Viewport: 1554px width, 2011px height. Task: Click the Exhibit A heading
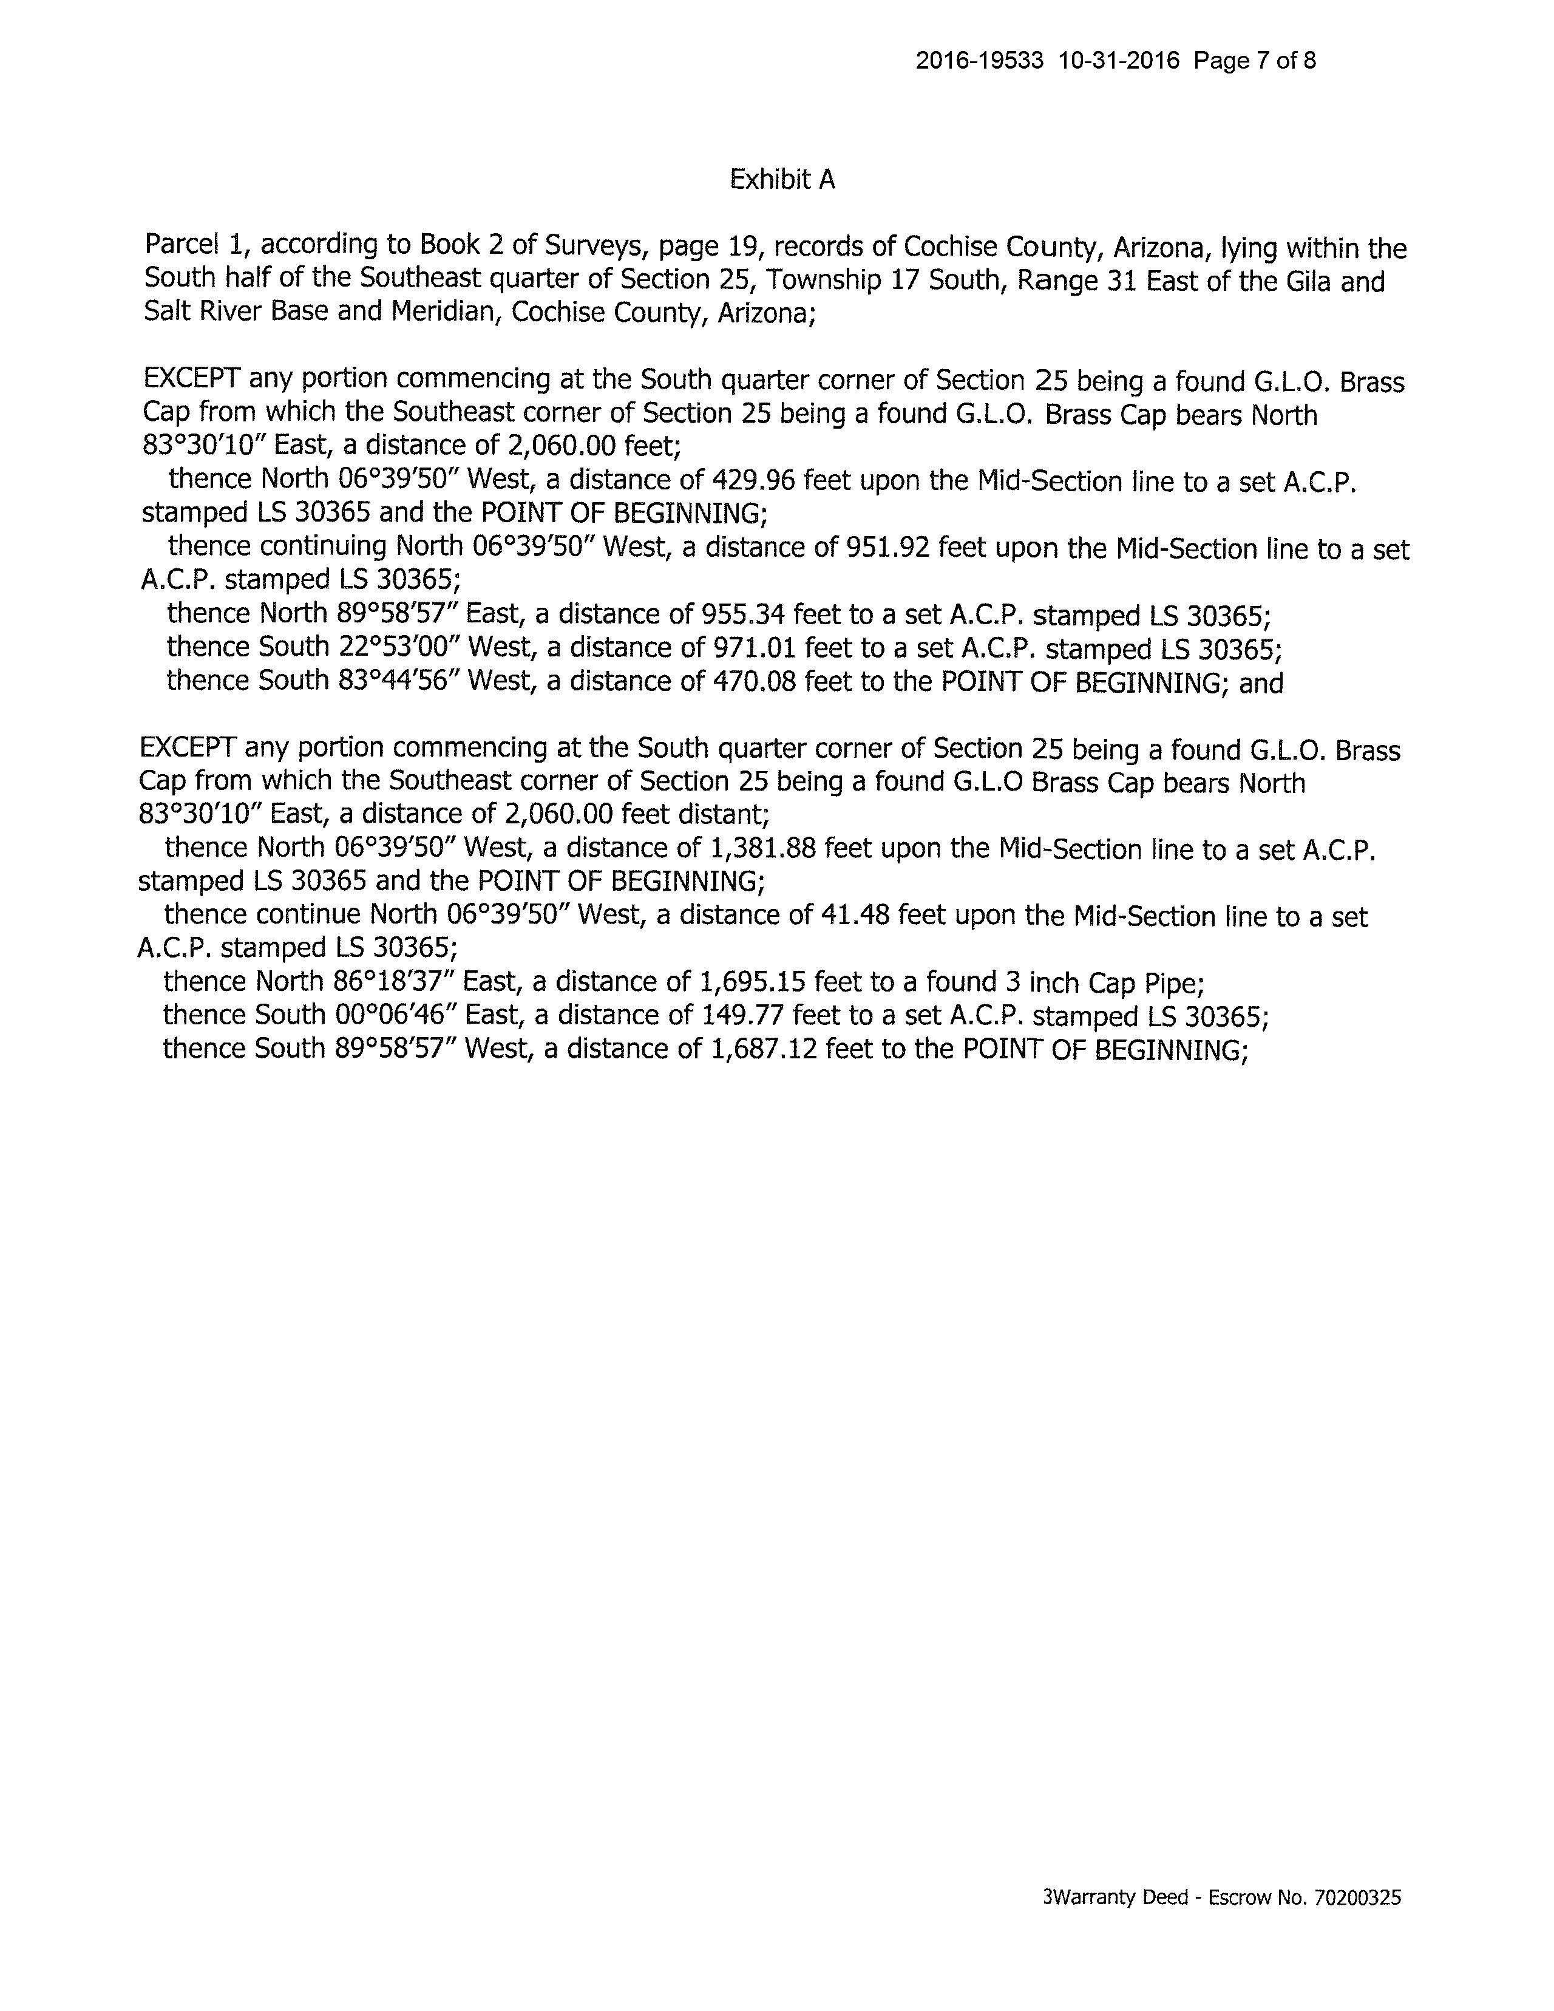pyautogui.click(x=782, y=180)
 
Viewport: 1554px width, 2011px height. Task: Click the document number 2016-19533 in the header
pyautogui.click(x=980, y=61)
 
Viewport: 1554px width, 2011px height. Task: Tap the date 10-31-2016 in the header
pyautogui.click(x=1119, y=61)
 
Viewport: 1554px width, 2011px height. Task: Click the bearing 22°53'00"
pyautogui.click(x=395, y=647)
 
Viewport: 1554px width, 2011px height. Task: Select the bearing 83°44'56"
pyautogui.click(x=395, y=681)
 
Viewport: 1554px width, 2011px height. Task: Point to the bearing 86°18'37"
pyautogui.click(x=392, y=982)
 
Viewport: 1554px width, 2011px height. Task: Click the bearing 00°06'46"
pyautogui.click(x=392, y=1016)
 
